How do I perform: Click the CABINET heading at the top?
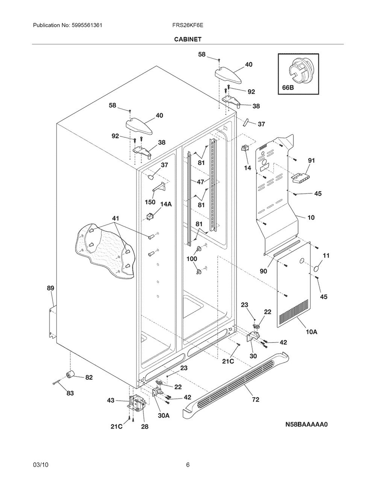coord(188,39)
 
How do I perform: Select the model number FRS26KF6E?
coord(188,25)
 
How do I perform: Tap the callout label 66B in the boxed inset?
coord(288,88)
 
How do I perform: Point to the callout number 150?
coord(150,202)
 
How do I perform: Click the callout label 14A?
coord(166,204)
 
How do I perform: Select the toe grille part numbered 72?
coord(236,386)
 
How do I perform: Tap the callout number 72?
coord(256,400)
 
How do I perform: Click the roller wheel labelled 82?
coord(70,374)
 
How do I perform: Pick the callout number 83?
coord(70,393)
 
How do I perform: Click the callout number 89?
coord(51,288)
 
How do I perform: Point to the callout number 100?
coord(192,259)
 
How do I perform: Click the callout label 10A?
coord(312,332)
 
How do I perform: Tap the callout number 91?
coord(311,160)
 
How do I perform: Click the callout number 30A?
coord(164,415)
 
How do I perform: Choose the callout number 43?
coord(111,400)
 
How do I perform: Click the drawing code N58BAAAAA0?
coord(306,424)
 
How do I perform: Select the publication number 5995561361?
coord(87,25)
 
